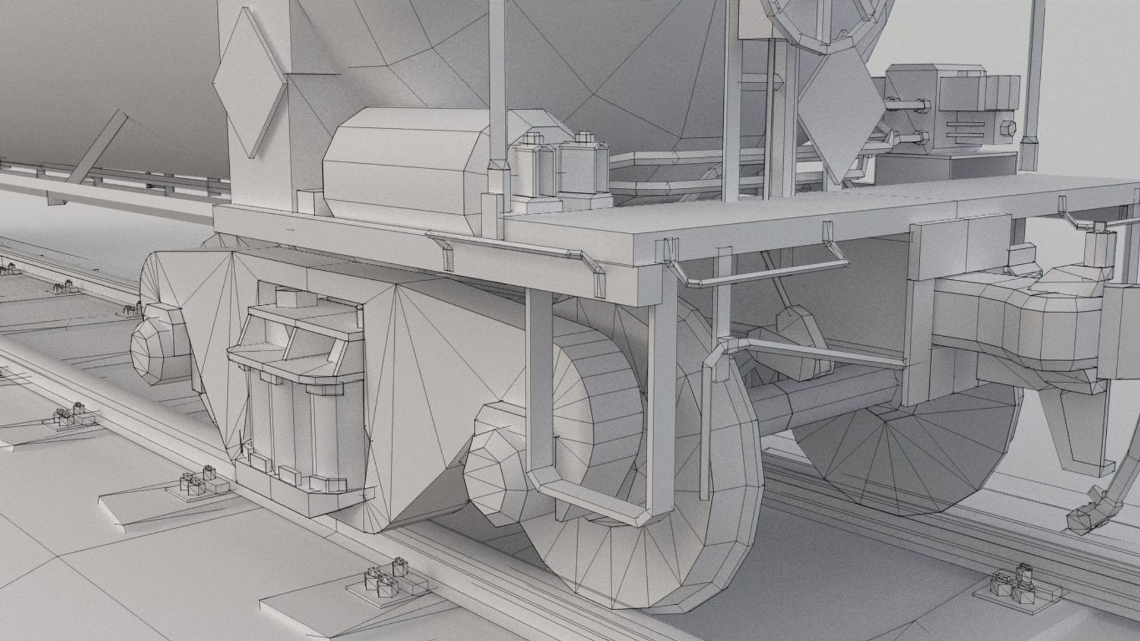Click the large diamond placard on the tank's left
pyautogui.click(x=249, y=83)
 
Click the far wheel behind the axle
pyautogui.click(x=908, y=451)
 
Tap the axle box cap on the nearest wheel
pyautogui.click(x=496, y=475)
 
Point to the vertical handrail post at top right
pyautogui.click(x=1033, y=77)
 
